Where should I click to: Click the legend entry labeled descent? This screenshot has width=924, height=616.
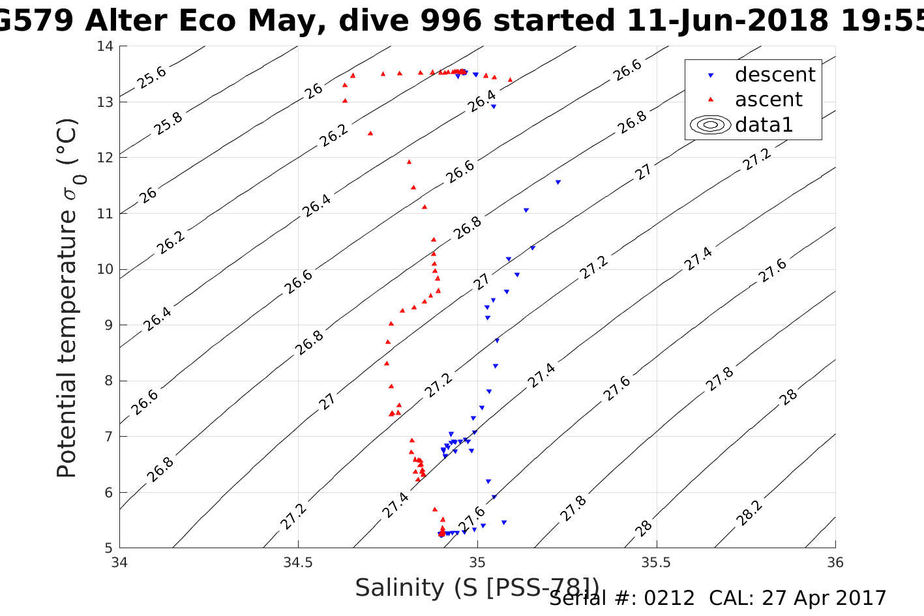pyautogui.click(x=775, y=75)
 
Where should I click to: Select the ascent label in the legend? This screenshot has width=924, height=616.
pyautogui.click(x=768, y=100)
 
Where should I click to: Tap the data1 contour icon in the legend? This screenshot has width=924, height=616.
pyautogui.click(x=711, y=125)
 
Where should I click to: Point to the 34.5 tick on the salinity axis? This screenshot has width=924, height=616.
pyautogui.click(x=299, y=562)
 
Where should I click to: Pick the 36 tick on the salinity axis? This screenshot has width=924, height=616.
pyautogui.click(x=835, y=562)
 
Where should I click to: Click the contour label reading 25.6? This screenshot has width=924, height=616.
pyautogui.click(x=152, y=78)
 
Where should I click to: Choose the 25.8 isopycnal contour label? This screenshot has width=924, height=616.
pyautogui.click(x=168, y=123)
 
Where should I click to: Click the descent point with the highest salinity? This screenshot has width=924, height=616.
pyautogui.click(x=558, y=182)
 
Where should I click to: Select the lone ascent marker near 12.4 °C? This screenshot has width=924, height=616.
pyautogui.click(x=370, y=133)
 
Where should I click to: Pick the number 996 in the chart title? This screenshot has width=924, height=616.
pyautogui.click(x=450, y=21)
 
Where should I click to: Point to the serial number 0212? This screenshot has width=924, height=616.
pyautogui.click(x=670, y=598)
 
